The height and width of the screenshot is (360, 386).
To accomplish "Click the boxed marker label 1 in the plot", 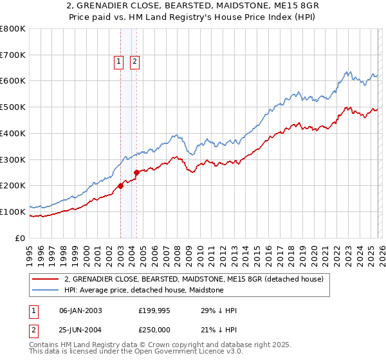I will click(120, 62).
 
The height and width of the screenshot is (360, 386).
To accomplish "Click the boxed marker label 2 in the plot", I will click(135, 62).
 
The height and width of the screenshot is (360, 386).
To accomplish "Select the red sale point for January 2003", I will click(120, 186).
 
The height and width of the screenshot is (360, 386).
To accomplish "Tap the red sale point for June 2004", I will click(136, 172).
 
